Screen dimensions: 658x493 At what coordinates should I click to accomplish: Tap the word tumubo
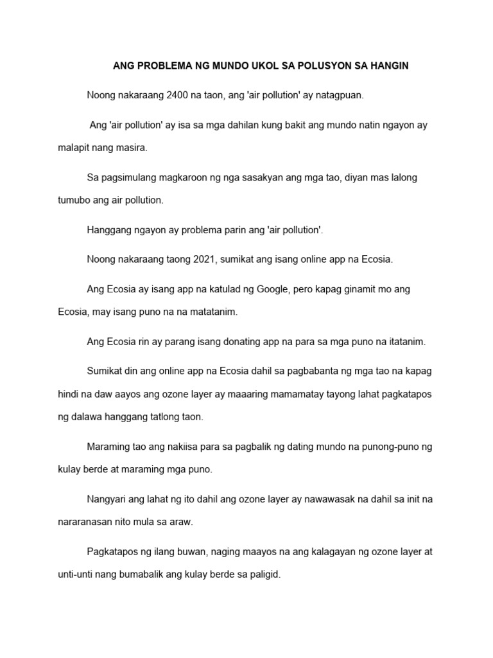74,200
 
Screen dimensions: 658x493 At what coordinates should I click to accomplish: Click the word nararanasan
87,522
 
